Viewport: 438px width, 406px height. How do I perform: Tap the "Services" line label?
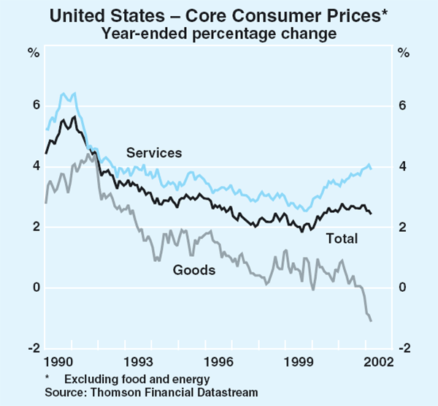coord(153,153)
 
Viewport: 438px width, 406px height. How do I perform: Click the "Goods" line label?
coord(194,271)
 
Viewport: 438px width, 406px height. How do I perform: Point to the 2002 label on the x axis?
coord(379,362)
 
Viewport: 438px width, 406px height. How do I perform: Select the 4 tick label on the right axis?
coord(402,167)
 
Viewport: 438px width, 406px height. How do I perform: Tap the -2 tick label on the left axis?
coord(32,348)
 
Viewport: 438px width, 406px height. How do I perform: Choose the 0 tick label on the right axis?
coord(402,287)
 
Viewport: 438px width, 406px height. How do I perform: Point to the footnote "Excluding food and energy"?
coord(137,379)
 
